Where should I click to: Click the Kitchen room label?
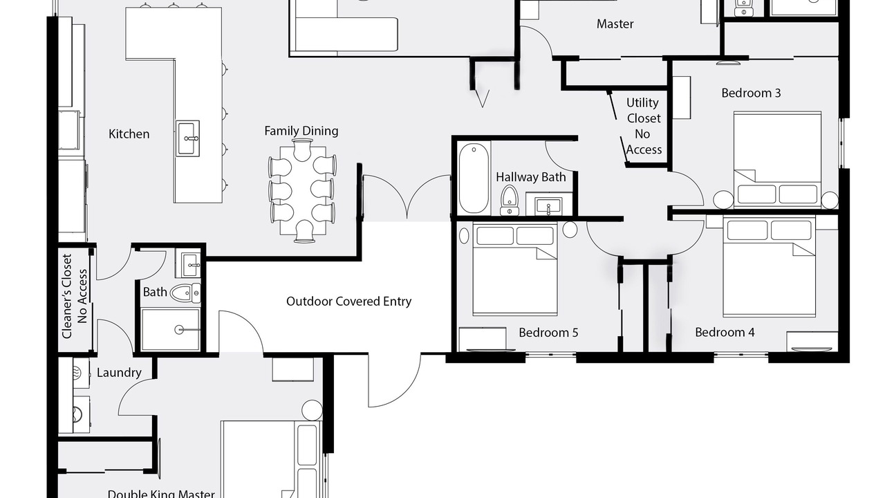coord(129,134)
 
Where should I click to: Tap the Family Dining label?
coord(301,131)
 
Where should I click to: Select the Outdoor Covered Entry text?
coord(348,301)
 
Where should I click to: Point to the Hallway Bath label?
coord(530,177)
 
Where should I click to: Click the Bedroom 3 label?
coord(751,93)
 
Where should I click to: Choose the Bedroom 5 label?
coord(548,333)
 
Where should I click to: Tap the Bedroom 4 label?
coord(725,332)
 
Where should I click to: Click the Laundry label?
coord(119,373)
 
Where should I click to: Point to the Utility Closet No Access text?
coord(643,126)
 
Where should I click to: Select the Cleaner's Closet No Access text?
coord(74,297)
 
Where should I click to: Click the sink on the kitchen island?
coord(187,138)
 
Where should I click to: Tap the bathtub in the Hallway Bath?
coord(474,178)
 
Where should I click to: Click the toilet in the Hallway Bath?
coord(510,201)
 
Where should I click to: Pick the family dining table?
coord(303,190)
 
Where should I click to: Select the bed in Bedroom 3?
coord(777,160)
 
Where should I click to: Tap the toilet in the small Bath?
coord(185,293)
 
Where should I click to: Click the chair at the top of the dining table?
coord(303,150)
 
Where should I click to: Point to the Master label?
coord(615,24)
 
